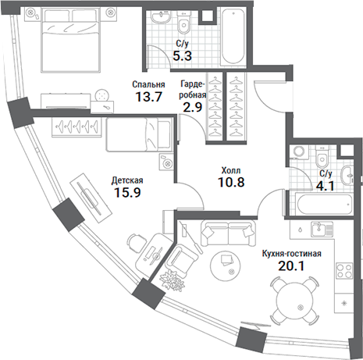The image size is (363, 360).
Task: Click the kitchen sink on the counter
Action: click(x=318, y=230)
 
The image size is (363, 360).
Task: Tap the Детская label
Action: click(x=127, y=179)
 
